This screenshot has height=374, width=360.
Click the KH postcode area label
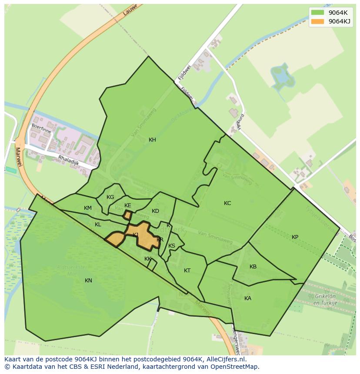pos(152,140)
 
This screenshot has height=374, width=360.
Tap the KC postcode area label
pos(227,203)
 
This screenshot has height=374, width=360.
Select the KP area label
pos(295,237)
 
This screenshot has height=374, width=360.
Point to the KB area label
pos(253,267)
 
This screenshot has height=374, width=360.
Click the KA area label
pos(248,298)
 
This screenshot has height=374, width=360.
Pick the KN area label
pos(88,281)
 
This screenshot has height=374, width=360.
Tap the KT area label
pos(187,271)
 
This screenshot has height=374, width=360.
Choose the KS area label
pos(172,246)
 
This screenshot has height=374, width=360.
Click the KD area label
pos(155,211)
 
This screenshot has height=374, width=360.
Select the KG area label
pos(110,197)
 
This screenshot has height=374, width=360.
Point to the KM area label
pos(88,208)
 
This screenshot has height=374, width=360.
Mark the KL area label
pos(98,225)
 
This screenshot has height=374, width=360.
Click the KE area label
pos(127,205)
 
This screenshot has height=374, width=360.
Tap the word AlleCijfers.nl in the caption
pos(225,360)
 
